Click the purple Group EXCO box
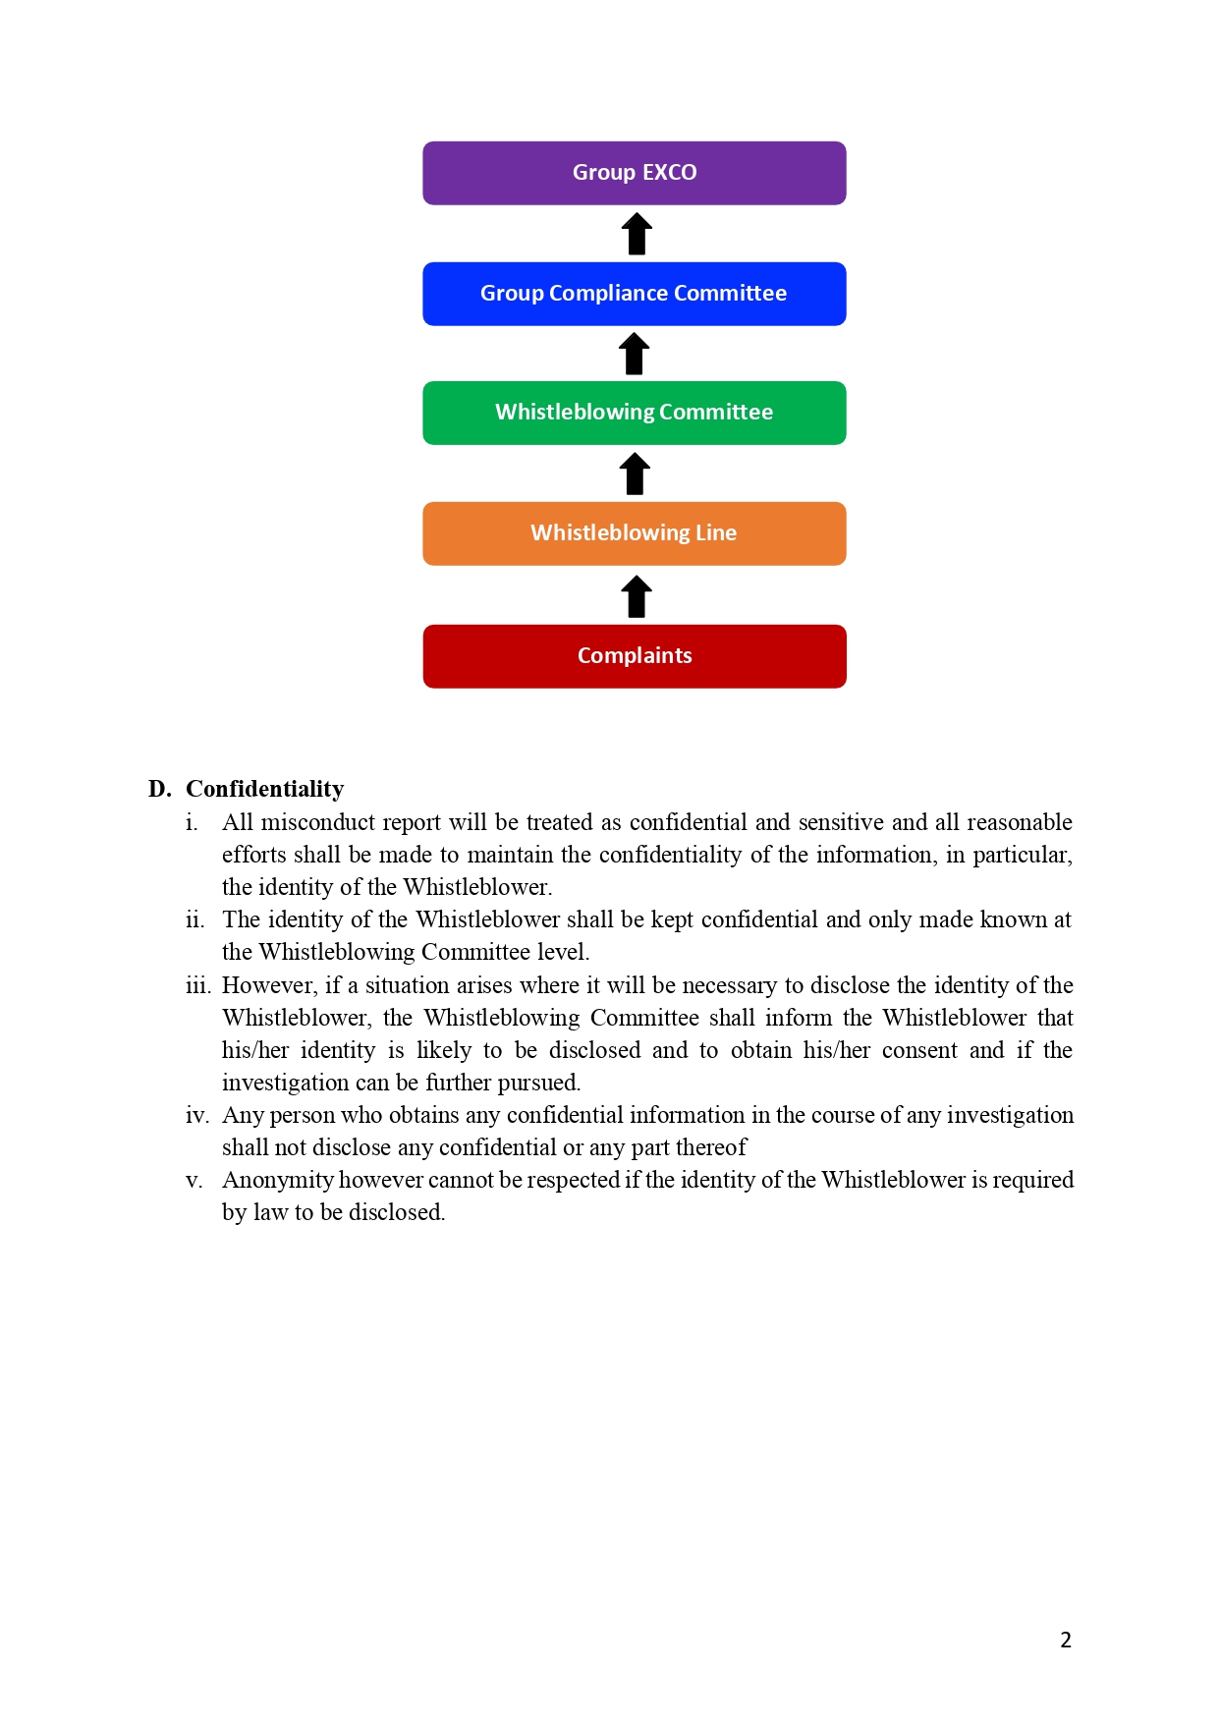(634, 173)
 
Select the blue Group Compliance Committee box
(634, 294)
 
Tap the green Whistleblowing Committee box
(634, 413)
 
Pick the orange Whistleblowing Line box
(634, 533)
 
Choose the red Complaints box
(634, 656)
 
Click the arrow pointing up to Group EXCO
(637, 234)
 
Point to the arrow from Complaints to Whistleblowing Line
(637, 596)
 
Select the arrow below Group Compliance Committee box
(635, 354)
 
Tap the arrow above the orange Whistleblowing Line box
(635, 473)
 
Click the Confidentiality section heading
(264, 789)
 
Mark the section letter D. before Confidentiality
(159, 789)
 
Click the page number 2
(1066, 1640)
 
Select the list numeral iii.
(197, 985)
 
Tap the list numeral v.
(194, 1180)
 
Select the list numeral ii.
(194, 919)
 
